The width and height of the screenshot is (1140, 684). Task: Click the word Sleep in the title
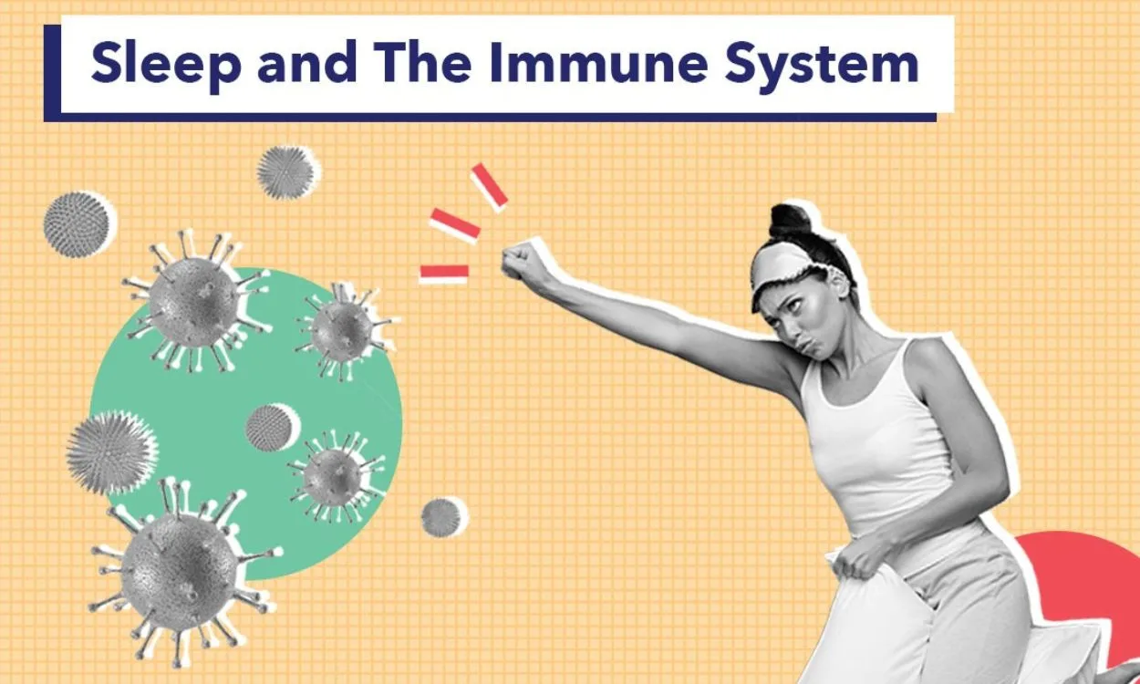pos(165,64)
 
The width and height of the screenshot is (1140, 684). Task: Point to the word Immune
pos(598,63)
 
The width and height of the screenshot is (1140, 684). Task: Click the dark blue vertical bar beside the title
pos(52,73)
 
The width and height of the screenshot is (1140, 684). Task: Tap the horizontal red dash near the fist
pos(444,273)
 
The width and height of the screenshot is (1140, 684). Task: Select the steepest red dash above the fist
pos(489,186)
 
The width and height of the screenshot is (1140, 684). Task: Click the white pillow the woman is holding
pos(876,626)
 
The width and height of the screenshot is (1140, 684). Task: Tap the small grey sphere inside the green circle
pos(271,427)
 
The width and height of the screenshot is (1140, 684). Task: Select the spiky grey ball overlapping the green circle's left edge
pos(111,453)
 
